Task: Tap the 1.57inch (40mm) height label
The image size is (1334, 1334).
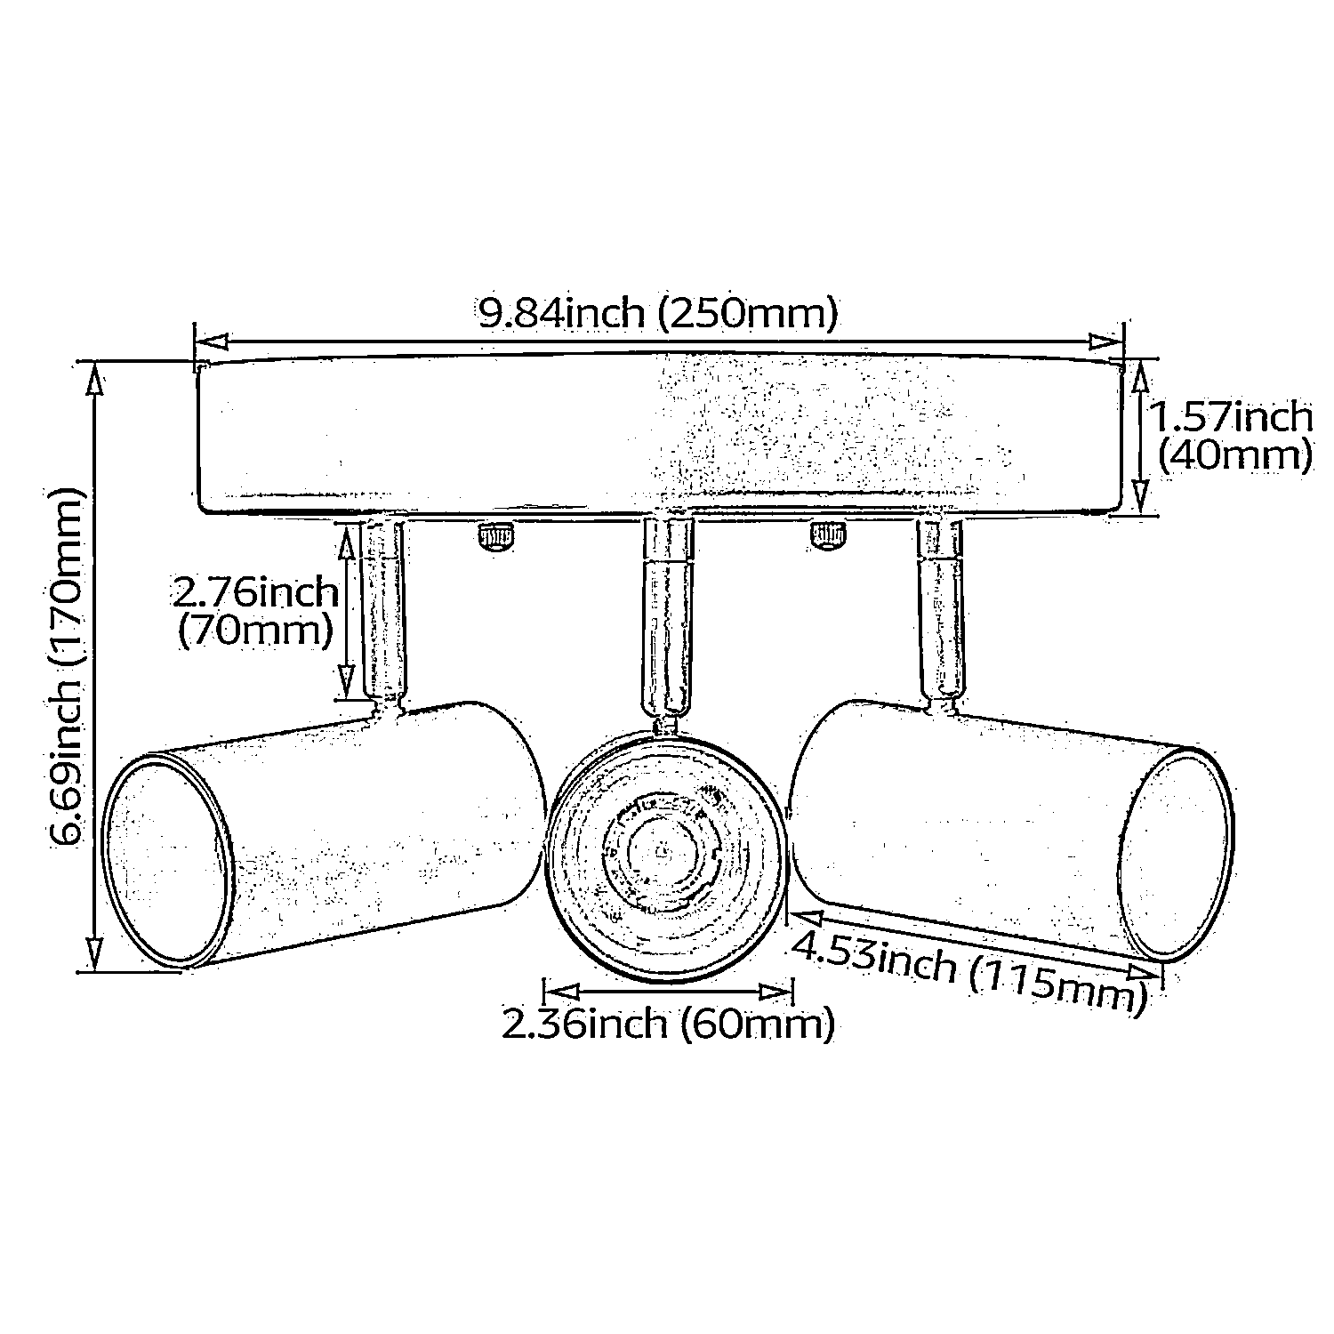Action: coord(1233,436)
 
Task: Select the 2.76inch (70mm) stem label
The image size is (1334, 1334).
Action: coord(256,612)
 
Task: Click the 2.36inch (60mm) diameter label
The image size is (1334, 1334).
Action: coord(668,1024)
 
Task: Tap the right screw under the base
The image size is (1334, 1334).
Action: coord(827,535)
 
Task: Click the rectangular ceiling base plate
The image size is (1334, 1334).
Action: coord(658,436)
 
